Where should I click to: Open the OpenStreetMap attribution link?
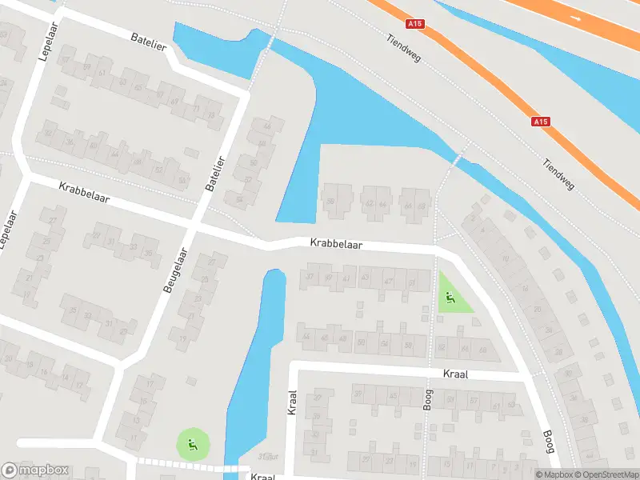[x=610, y=474]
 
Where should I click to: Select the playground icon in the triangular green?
[x=450, y=299]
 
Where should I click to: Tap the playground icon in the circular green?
[x=193, y=442]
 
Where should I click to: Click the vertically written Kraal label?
[x=291, y=402]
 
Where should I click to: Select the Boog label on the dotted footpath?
[x=428, y=398]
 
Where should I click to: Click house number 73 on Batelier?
[x=211, y=115]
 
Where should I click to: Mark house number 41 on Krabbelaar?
[x=346, y=278]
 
